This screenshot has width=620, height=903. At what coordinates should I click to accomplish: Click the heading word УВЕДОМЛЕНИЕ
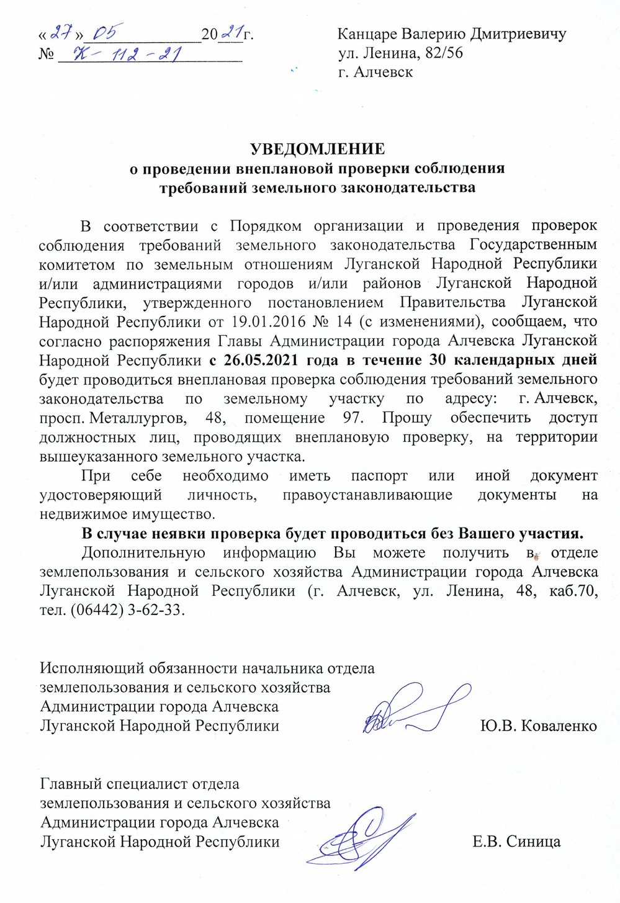[317, 150]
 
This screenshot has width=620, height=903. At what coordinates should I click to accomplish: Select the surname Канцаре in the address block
[366, 34]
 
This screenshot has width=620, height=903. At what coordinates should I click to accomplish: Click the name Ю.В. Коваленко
[538, 726]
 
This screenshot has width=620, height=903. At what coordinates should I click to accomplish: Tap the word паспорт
[379, 475]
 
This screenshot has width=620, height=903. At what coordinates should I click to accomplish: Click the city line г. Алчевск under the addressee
[375, 72]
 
